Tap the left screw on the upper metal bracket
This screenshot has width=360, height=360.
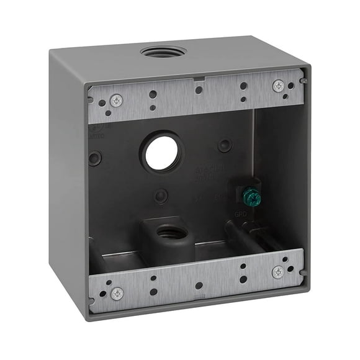click(x=115, y=101)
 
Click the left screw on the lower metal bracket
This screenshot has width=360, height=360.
click(x=116, y=292)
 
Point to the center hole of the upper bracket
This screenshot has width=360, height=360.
click(x=199, y=90)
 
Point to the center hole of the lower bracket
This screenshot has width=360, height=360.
click(x=199, y=286)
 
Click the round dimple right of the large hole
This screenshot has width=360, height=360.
click(x=225, y=145)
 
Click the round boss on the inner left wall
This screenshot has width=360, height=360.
click(x=95, y=158)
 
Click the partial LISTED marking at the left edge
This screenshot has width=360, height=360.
click(x=97, y=133)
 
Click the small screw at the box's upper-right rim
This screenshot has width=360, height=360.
click(x=302, y=81)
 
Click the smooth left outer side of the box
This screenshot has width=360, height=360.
click(x=67, y=180)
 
